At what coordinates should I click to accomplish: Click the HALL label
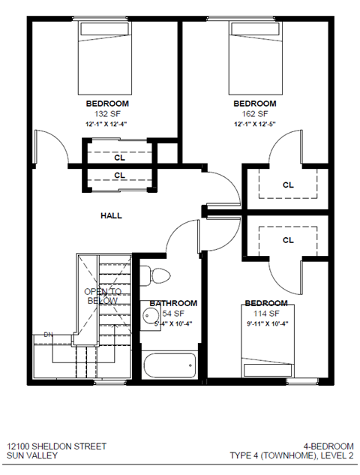pyautogui.click(x=111, y=215)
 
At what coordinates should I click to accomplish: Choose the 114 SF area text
pyautogui.click(x=266, y=313)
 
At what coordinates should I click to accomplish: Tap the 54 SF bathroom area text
pyautogui.click(x=174, y=313)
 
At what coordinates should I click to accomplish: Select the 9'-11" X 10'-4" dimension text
pyautogui.click(x=266, y=323)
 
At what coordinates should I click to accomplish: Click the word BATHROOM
pyautogui.click(x=173, y=303)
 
